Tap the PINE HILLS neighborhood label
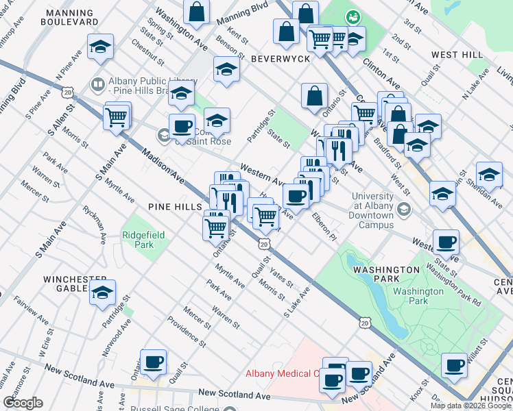[174, 206]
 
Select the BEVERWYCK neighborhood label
[280, 60]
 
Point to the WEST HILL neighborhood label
[457, 54]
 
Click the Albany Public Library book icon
[97, 84]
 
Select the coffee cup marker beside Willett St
[454, 365]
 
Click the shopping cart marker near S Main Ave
[117, 116]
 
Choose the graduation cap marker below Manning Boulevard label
[100, 47]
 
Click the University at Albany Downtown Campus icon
[405, 208]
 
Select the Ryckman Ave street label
[94, 224]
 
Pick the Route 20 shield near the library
[67, 90]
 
